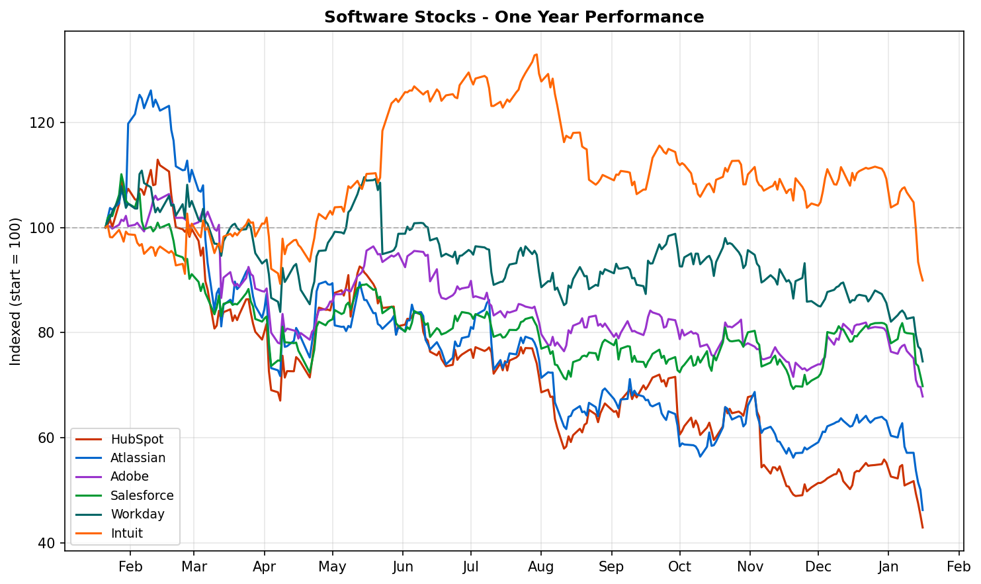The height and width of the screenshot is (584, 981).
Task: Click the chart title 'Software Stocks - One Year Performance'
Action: click(513, 17)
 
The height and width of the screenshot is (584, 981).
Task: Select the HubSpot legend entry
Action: click(137, 439)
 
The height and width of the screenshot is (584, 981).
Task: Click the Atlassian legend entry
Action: click(138, 458)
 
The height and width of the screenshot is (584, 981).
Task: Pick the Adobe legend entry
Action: click(130, 477)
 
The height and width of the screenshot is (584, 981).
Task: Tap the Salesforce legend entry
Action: click(142, 495)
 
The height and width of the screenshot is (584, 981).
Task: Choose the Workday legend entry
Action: click(138, 514)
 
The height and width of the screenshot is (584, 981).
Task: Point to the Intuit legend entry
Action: click(126, 533)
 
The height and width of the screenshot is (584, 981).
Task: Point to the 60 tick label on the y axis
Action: click(50, 438)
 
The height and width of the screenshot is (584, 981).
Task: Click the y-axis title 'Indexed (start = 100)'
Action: click(16, 291)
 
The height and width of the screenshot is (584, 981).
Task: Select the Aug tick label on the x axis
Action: click(541, 567)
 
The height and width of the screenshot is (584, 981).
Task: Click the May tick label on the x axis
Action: click(332, 567)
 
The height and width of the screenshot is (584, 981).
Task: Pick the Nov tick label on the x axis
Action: click(750, 567)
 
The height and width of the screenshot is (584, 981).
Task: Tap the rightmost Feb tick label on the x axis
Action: click(959, 567)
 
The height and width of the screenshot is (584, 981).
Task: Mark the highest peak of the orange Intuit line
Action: click(536, 54)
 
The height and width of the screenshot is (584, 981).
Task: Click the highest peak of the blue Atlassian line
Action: click(151, 91)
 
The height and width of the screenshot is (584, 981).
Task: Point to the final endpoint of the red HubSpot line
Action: click(923, 528)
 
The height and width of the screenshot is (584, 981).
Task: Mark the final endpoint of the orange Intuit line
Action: click(923, 281)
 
